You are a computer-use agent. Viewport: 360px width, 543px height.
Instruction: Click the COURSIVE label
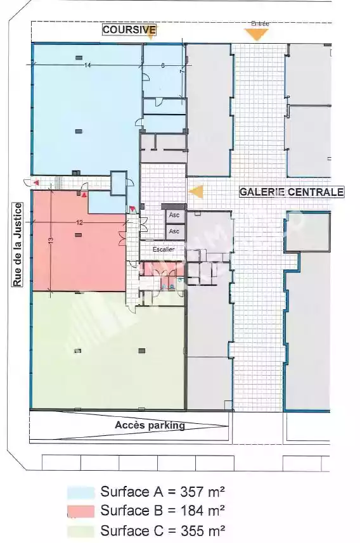tap(129, 30)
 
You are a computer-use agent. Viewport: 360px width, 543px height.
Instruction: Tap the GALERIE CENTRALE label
tap(292, 191)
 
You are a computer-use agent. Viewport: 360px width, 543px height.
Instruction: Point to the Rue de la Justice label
tap(17, 245)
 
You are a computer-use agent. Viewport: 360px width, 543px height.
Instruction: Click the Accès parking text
tap(150, 425)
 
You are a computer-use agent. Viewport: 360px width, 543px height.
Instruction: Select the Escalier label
tap(164, 249)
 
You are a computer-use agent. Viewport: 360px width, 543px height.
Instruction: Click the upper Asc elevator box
tap(174, 216)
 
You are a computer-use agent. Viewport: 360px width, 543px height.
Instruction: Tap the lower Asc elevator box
tap(174, 231)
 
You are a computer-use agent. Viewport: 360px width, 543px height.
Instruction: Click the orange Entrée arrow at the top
tap(257, 34)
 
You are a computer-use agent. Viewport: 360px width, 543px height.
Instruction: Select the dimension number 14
tap(87, 65)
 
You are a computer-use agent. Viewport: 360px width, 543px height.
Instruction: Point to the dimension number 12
tap(79, 222)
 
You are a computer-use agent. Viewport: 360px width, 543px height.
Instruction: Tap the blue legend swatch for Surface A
tap(80, 492)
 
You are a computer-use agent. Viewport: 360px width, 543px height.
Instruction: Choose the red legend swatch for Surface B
tap(80, 511)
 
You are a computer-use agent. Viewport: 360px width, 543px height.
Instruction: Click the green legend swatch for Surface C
tap(80, 531)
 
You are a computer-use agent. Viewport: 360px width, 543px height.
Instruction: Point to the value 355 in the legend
tap(191, 530)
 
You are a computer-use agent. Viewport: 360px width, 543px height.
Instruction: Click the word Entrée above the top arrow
tap(260, 23)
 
